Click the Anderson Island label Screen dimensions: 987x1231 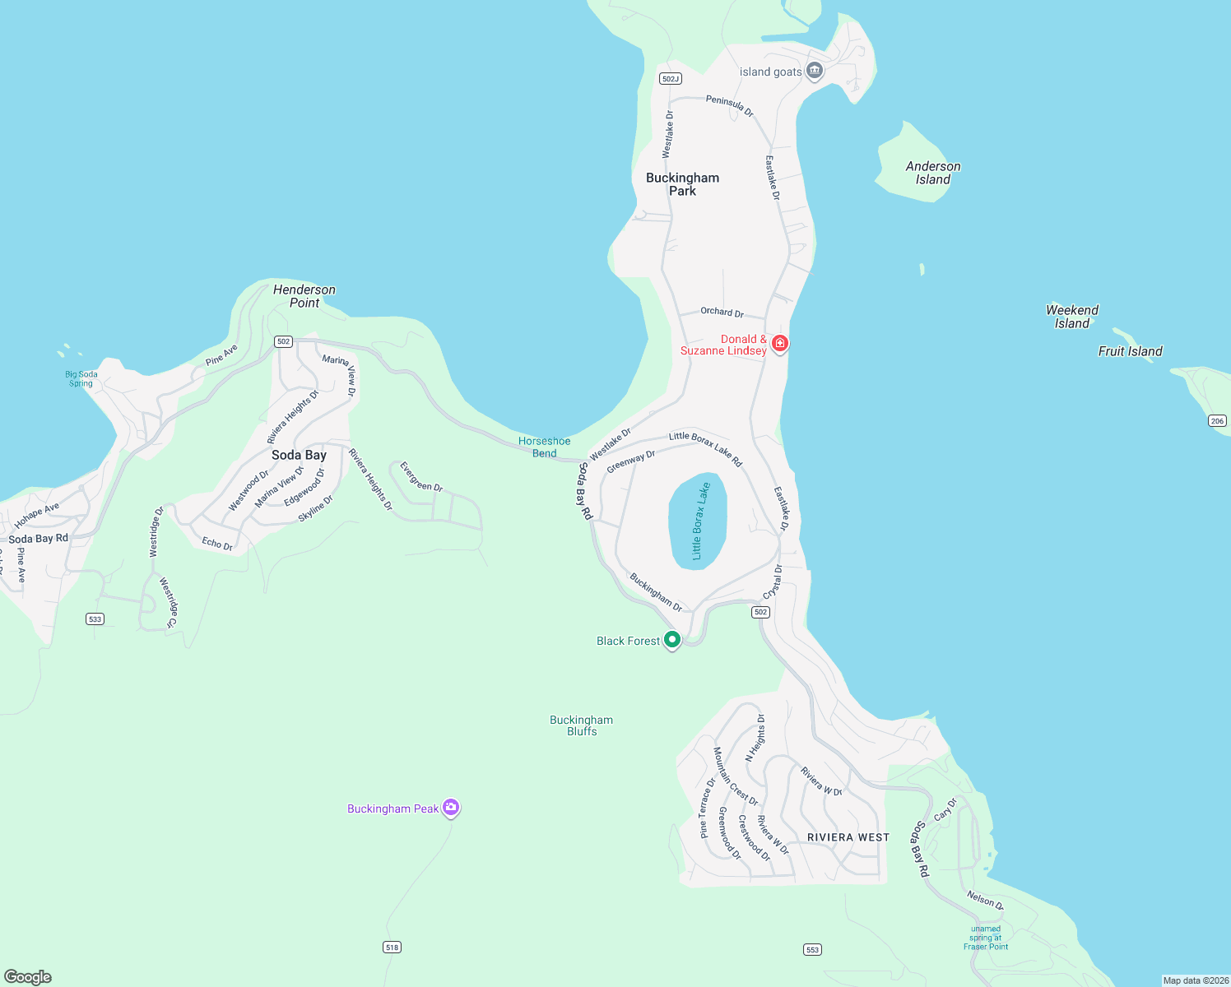[x=932, y=173]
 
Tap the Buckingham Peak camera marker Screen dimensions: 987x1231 [x=450, y=808]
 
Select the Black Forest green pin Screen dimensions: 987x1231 [x=672, y=640]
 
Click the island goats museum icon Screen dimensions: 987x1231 [x=815, y=71]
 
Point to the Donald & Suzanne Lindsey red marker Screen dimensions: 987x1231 [x=779, y=343]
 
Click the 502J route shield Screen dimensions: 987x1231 [x=670, y=78]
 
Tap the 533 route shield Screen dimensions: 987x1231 [x=95, y=619]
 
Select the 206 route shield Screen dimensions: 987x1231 [x=1217, y=420]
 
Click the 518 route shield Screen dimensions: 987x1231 [x=392, y=947]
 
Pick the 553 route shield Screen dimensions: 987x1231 [x=812, y=949]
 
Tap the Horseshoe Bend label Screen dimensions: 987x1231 [x=544, y=447]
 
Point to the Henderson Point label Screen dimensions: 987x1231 [x=304, y=296]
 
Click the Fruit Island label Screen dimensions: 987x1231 [x=1130, y=351]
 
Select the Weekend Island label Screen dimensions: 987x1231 [x=1071, y=317]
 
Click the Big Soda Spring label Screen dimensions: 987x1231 [x=81, y=378]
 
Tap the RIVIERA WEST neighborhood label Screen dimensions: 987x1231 [x=848, y=837]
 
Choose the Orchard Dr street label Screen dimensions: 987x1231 [x=722, y=312]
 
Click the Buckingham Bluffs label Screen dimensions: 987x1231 [x=581, y=725]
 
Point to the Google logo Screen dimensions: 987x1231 [x=28, y=976]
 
